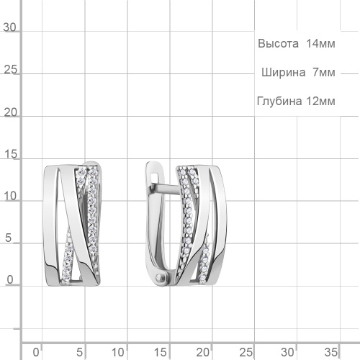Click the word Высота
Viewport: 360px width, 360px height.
tap(278, 44)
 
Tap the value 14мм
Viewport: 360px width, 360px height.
tap(320, 44)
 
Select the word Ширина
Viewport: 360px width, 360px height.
tap(283, 72)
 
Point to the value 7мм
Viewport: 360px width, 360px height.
tap(324, 72)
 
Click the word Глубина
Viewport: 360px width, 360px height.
tap(279, 101)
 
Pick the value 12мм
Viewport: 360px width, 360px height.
tap(320, 102)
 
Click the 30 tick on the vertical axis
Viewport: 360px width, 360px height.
tap(9, 27)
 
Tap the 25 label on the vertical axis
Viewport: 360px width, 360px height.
tap(10, 70)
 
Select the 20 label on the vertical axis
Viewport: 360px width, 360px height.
tap(10, 112)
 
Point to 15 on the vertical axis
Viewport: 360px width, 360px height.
tap(10, 154)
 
